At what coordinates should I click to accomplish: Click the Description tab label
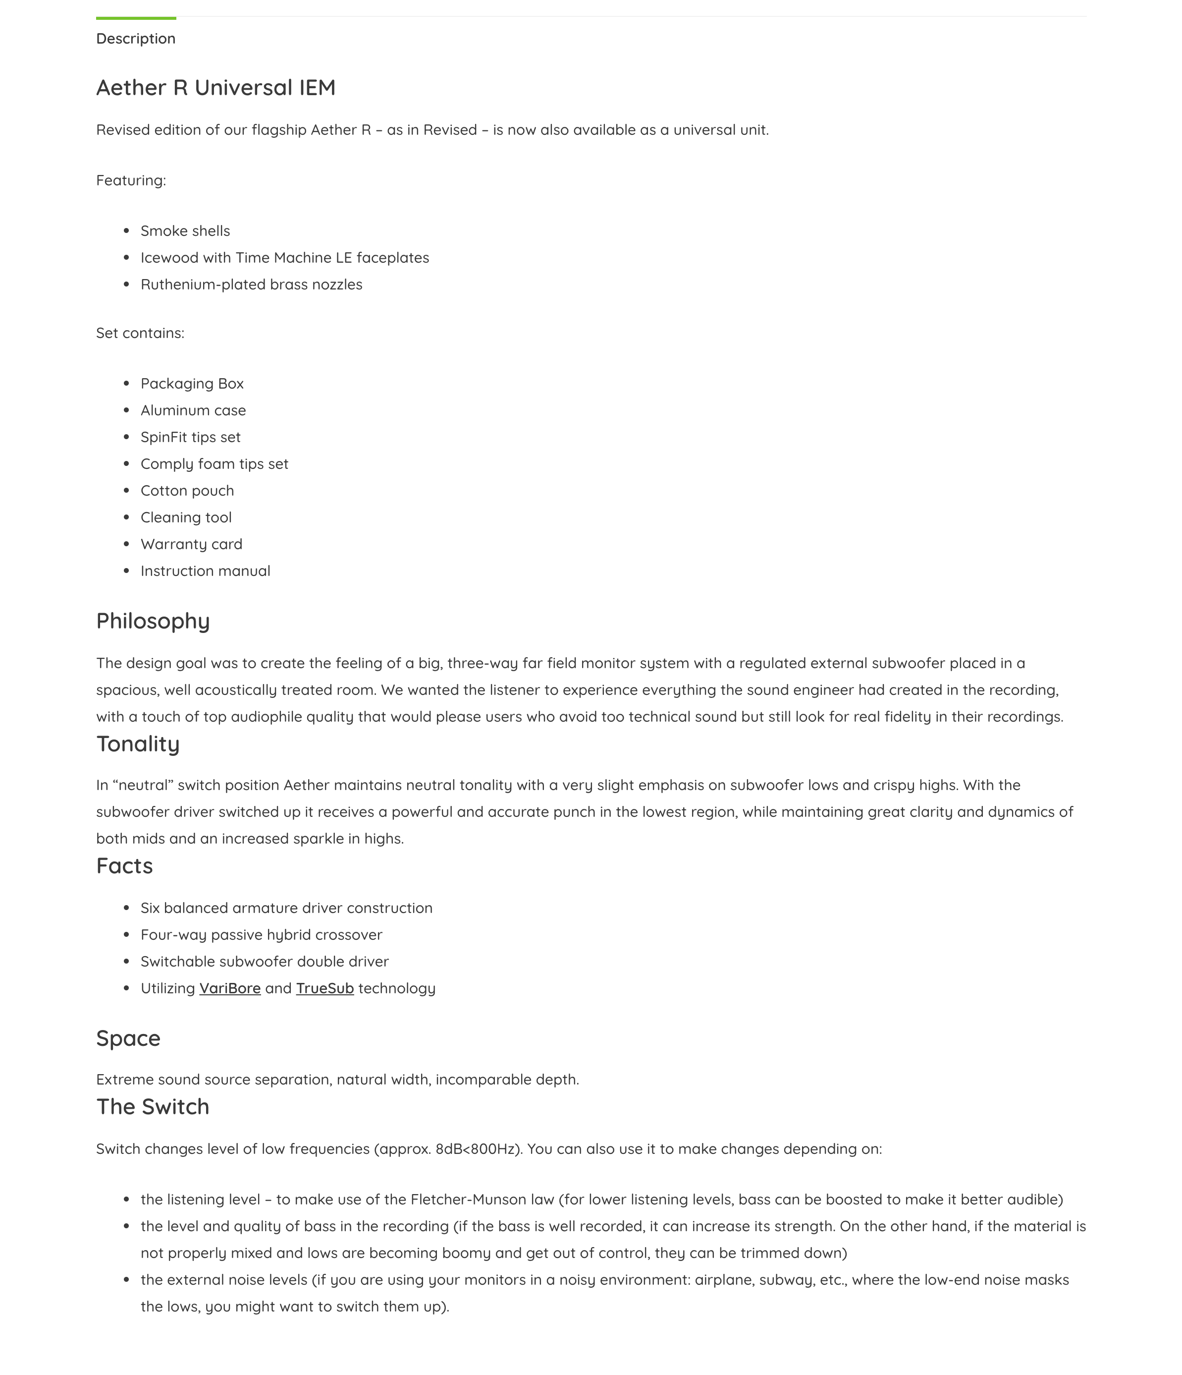[x=135, y=39]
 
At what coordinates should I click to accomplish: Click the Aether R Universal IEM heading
[x=215, y=88]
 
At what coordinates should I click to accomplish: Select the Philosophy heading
[x=153, y=621]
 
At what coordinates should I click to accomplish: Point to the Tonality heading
[x=138, y=744]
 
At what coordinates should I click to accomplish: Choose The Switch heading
[x=153, y=1107]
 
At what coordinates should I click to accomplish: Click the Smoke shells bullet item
[x=185, y=231]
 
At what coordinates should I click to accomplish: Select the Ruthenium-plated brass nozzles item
[x=251, y=285]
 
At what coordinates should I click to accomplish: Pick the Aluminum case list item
[x=193, y=411]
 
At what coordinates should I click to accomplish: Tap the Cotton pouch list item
[x=187, y=491]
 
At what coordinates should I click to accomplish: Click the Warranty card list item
[x=191, y=544]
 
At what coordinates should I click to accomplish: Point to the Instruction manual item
[x=205, y=572]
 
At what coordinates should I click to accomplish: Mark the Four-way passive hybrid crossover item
[x=262, y=935]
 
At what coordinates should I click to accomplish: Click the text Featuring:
[x=131, y=180]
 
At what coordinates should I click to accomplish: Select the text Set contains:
[x=140, y=333]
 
